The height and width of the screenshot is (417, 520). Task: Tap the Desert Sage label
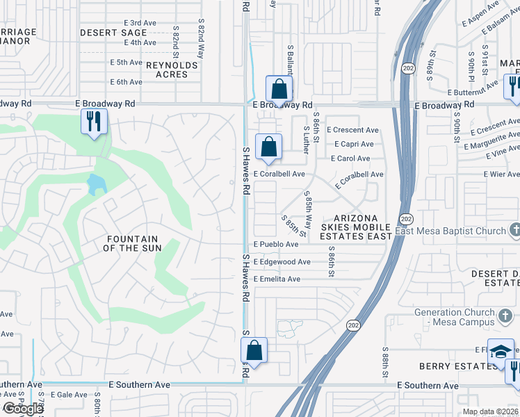click(113, 33)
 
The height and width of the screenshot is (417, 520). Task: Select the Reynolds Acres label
click(172, 69)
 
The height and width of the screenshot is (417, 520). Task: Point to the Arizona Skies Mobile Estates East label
click(357, 227)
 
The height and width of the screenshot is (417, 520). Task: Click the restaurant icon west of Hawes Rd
click(92, 122)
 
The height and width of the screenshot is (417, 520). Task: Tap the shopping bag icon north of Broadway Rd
click(279, 89)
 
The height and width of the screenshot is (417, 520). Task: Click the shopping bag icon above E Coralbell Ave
click(268, 147)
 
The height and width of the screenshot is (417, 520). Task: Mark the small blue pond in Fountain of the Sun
click(96, 184)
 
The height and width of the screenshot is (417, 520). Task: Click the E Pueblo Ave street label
click(277, 245)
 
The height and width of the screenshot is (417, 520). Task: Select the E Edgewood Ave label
click(282, 262)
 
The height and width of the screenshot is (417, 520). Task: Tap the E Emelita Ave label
click(277, 279)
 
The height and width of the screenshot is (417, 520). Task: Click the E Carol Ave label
click(350, 158)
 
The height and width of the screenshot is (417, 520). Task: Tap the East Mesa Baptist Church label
click(450, 231)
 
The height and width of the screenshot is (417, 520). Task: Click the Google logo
click(22, 409)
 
